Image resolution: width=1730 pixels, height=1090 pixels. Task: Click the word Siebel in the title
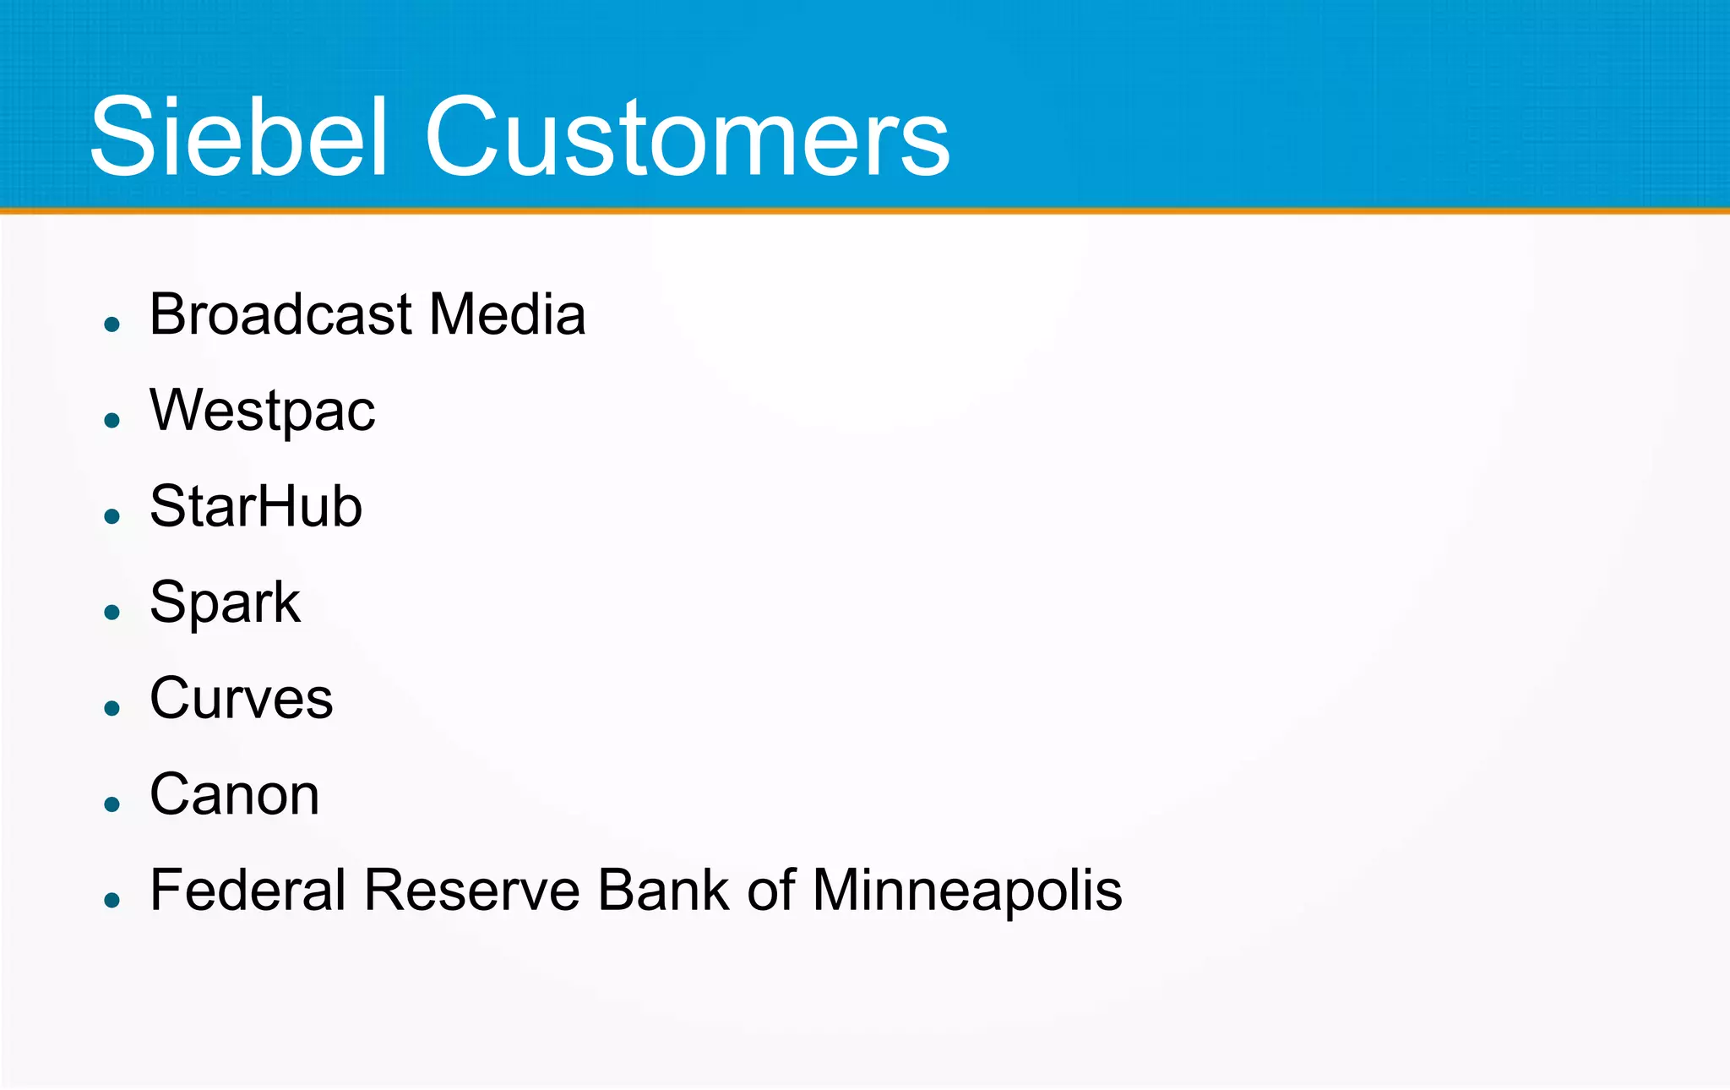(239, 137)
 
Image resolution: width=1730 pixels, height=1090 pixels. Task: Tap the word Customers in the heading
(688, 137)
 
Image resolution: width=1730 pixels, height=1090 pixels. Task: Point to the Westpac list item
(262, 411)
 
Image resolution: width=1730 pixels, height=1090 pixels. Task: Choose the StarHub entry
(256, 506)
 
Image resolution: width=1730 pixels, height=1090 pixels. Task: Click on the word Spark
(225, 603)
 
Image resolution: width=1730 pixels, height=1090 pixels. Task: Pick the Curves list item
(242, 699)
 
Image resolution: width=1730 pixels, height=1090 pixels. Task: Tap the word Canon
(235, 795)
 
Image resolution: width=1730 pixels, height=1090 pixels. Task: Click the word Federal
(248, 891)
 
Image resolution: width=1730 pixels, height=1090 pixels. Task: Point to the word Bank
(663, 891)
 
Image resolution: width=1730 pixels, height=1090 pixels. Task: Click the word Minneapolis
(967, 891)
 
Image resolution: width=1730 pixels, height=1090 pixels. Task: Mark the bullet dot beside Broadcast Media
(112, 324)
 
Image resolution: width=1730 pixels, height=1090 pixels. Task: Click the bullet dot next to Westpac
(112, 420)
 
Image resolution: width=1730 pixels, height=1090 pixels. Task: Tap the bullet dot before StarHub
(112, 515)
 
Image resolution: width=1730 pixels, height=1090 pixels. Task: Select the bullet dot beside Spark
(112, 612)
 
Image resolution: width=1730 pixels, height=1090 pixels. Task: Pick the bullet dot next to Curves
(112, 708)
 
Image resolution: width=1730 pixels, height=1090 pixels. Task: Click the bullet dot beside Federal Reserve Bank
(112, 900)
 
